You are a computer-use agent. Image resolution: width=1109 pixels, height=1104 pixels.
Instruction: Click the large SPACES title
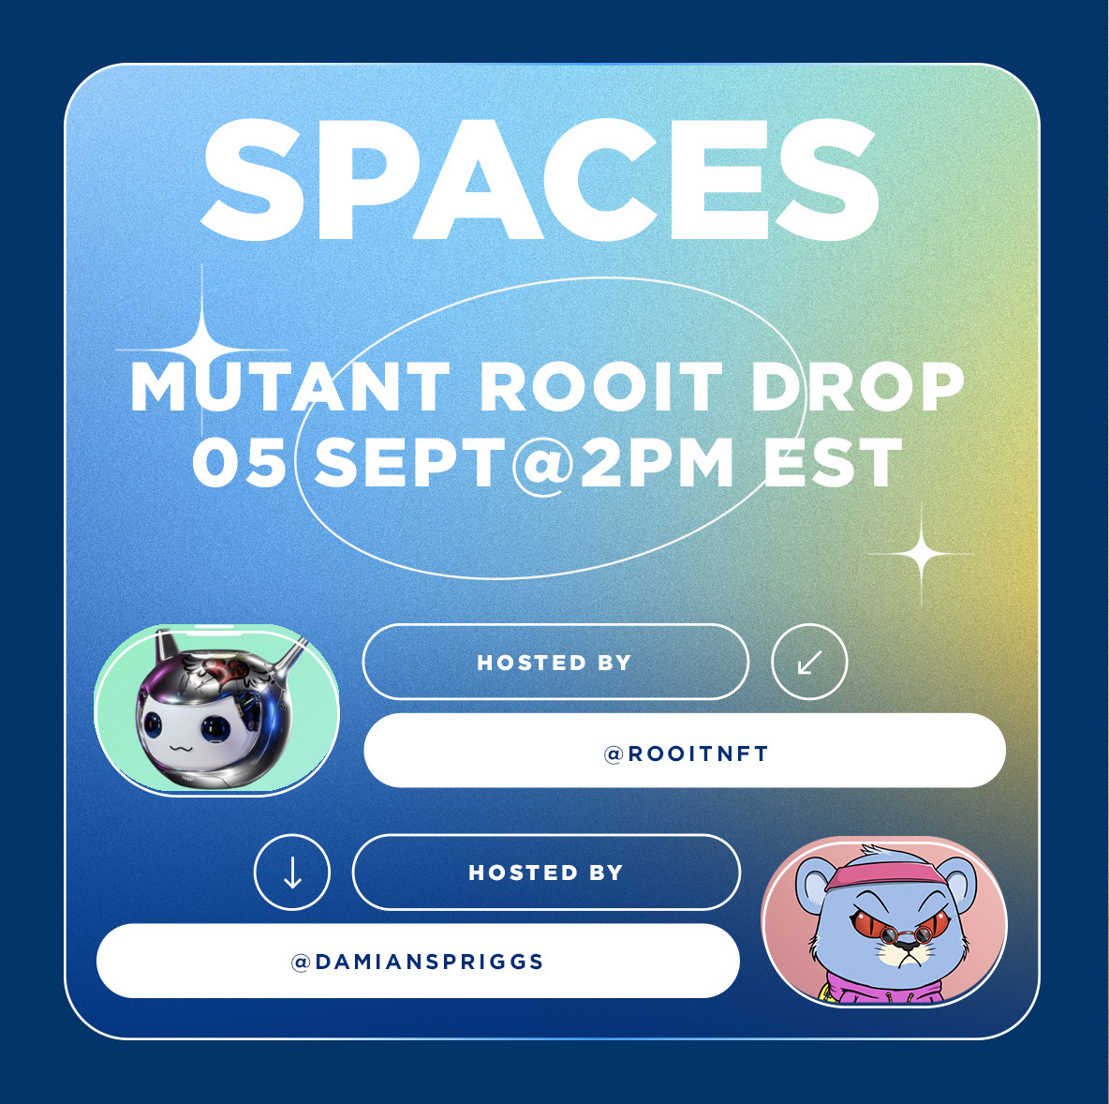[540, 181]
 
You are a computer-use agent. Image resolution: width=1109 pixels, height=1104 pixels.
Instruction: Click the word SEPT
[410, 462]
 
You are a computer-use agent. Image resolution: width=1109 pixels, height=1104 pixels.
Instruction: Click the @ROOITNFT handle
[686, 753]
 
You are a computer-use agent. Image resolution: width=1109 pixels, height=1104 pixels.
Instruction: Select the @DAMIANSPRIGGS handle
[418, 962]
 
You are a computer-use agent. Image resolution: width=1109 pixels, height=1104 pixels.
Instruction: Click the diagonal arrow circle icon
[809, 662]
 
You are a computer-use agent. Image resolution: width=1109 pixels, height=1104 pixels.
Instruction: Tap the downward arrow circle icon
[292, 872]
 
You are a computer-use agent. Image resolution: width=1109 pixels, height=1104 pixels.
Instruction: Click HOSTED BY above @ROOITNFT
[554, 663]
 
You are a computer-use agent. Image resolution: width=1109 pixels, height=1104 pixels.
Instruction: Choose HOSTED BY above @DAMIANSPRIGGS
[546, 873]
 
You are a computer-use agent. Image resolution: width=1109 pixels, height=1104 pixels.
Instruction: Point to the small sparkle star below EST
[922, 554]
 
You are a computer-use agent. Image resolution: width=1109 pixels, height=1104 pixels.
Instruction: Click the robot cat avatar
[216, 710]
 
